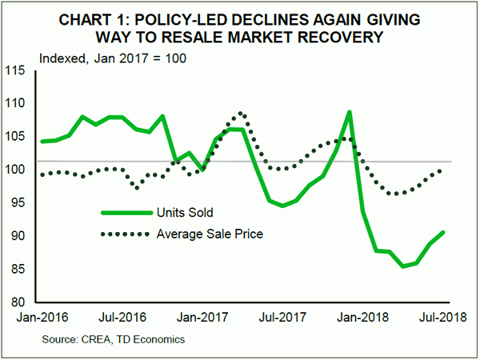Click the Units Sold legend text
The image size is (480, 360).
192,213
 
